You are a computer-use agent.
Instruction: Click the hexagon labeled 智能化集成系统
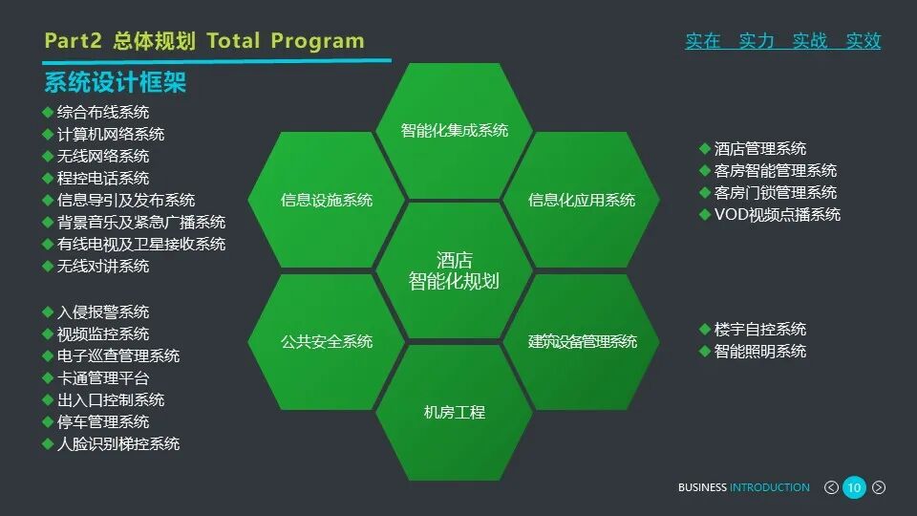click(x=454, y=131)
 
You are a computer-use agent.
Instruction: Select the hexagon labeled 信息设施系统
click(x=327, y=200)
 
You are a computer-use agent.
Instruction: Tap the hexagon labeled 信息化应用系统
click(x=582, y=200)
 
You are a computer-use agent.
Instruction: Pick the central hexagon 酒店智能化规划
click(x=454, y=270)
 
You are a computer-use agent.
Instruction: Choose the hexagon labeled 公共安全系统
click(x=327, y=341)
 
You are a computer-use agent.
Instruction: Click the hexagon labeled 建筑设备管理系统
click(x=582, y=341)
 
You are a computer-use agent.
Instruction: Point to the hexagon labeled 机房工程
click(x=454, y=412)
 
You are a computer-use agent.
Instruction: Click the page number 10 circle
click(x=854, y=487)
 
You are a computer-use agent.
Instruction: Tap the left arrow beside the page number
click(x=831, y=487)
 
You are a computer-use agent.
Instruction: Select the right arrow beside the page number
click(x=879, y=487)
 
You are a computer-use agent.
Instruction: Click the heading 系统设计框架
click(x=115, y=82)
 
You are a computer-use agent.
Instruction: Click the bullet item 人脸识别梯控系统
click(x=118, y=443)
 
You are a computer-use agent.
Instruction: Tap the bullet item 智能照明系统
click(x=760, y=352)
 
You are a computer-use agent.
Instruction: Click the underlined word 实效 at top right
click(x=864, y=41)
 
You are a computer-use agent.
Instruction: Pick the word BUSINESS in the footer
click(x=702, y=487)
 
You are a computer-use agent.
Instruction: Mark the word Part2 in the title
click(x=73, y=41)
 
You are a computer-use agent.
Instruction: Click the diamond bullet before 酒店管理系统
click(x=705, y=149)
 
